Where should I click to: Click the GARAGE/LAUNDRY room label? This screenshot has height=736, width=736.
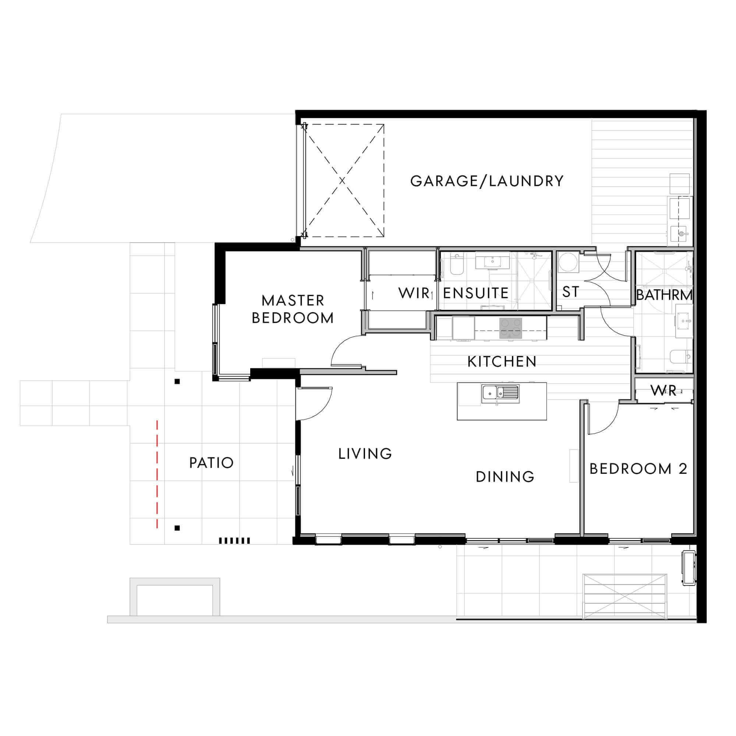click(486, 181)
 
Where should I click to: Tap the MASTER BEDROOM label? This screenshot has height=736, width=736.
click(293, 309)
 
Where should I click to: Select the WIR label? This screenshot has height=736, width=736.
click(414, 293)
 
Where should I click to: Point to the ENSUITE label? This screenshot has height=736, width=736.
click(475, 293)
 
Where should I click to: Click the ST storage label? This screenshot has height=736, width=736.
click(570, 292)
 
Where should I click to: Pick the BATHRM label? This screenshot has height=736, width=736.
click(664, 295)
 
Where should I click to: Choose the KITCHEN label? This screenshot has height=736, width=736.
click(502, 362)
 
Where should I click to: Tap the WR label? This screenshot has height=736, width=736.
click(663, 390)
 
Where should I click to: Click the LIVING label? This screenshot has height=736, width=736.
click(365, 454)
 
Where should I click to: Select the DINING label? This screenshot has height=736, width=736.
click(505, 476)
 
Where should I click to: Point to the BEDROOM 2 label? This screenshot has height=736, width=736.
click(638, 469)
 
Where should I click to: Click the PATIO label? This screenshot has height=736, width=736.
click(212, 463)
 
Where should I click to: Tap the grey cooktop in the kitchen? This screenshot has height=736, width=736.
click(510, 328)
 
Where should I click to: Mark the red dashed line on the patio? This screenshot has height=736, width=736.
click(157, 474)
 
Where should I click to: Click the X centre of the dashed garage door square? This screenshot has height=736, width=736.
click(342, 181)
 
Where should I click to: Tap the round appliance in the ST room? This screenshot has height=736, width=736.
click(567, 262)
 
